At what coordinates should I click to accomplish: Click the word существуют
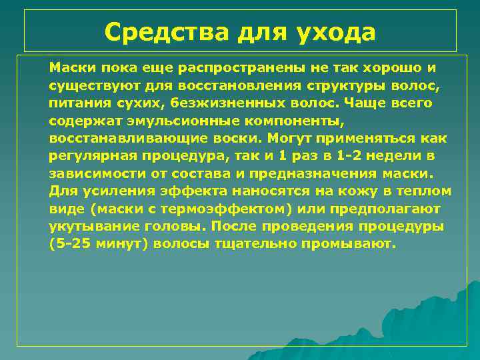pyautogui.click(x=93, y=85)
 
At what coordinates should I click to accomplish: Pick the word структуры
pyautogui.click(x=347, y=85)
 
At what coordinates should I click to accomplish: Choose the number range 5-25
pyautogui.click(x=73, y=243)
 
